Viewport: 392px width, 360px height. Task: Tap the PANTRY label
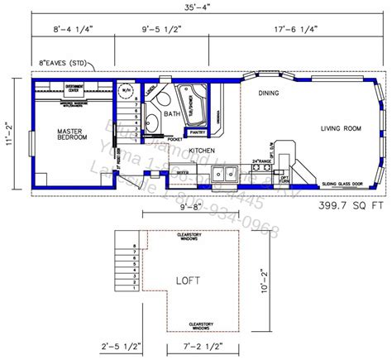[197, 132]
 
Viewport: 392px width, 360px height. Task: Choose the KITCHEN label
[203, 150]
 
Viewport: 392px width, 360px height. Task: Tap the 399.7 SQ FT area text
[350, 202]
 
